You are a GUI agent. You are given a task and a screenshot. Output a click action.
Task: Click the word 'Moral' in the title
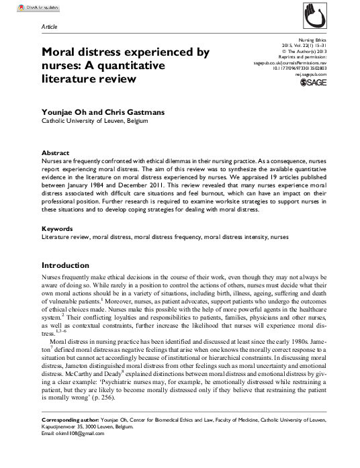pos(59,51)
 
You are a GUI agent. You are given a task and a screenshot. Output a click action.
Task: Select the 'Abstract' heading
pos(56,153)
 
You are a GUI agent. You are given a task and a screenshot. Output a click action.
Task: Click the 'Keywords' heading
pos(58,229)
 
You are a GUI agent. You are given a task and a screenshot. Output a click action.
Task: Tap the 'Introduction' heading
pos(71,266)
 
